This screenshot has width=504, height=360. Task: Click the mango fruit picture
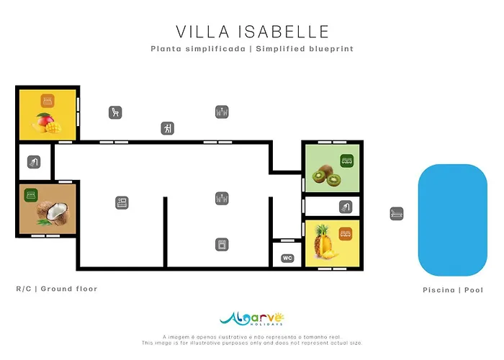pyautogui.click(x=46, y=123)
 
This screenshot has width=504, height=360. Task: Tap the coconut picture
pyautogui.click(x=52, y=213)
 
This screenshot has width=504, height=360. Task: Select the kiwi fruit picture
pyautogui.click(x=326, y=176)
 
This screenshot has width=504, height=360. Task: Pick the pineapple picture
pyautogui.click(x=325, y=242)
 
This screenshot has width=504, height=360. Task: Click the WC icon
pyautogui.click(x=287, y=258)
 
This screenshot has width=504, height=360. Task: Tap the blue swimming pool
pyautogui.click(x=453, y=220)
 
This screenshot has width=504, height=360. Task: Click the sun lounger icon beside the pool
pyautogui.click(x=397, y=214)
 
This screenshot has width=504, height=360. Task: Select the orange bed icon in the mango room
pyautogui.click(x=48, y=101)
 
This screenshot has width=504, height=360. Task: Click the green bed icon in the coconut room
pyautogui.click(x=31, y=195)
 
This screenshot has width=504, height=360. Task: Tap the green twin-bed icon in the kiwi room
pyautogui.click(x=347, y=161)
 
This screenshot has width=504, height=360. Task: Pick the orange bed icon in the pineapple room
pyautogui.click(x=346, y=234)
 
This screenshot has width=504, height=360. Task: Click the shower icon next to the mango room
pyautogui.click(x=34, y=162)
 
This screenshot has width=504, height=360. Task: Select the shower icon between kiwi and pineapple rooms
pyautogui.click(x=346, y=207)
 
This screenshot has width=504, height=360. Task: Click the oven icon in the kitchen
pyautogui.click(x=222, y=245)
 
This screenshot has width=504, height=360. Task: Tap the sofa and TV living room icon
pyautogui.click(x=122, y=203)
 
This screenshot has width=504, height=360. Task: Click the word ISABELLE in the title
pyautogui.click(x=284, y=32)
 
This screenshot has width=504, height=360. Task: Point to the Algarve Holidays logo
pyautogui.click(x=252, y=319)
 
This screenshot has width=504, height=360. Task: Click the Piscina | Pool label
pyautogui.click(x=453, y=290)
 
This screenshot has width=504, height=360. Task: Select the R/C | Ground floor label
pyautogui.click(x=57, y=289)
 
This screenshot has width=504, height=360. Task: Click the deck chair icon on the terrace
pyautogui.click(x=115, y=112)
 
